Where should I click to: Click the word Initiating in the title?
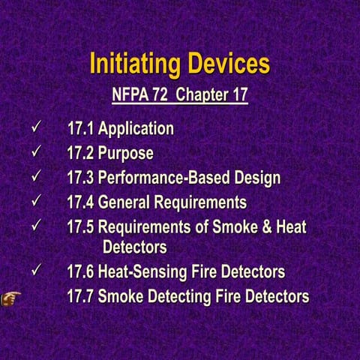coord(133,64)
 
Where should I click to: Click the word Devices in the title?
coord(224,64)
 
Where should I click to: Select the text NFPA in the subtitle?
coord(129,96)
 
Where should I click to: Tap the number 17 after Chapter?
coord(238,96)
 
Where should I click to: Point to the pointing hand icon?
coord(10,296)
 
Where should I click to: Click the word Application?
coord(136,129)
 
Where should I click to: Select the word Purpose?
coord(125,154)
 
